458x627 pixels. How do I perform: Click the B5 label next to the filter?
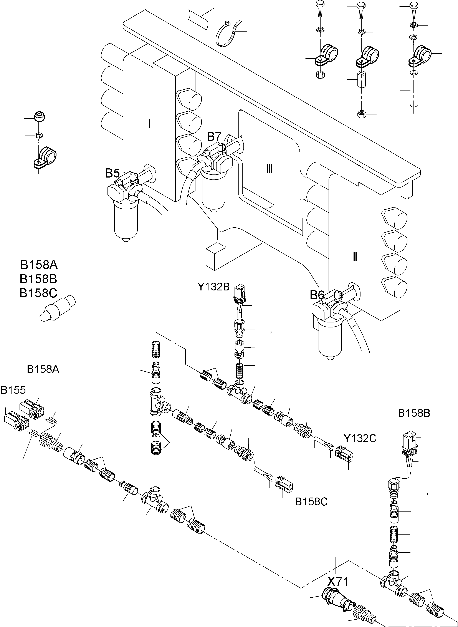(x=112, y=174)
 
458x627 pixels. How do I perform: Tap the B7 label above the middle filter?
(x=214, y=137)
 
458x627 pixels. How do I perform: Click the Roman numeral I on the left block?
(x=149, y=124)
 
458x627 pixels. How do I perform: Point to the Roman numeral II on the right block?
(x=355, y=257)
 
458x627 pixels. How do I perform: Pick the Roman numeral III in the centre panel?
(x=269, y=169)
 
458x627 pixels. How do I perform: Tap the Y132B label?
(x=213, y=287)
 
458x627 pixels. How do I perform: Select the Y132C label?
(x=360, y=438)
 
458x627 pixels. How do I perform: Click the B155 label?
(x=13, y=390)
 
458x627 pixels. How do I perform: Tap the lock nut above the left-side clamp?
(x=37, y=117)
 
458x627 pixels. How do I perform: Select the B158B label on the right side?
(x=414, y=413)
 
